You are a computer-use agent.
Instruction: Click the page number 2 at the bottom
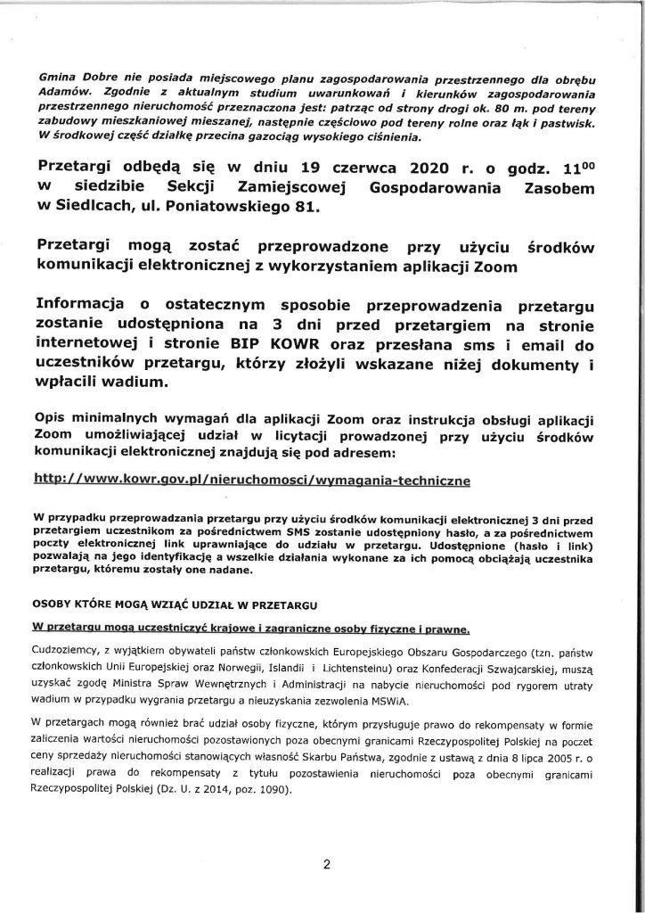pyautogui.click(x=326, y=864)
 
